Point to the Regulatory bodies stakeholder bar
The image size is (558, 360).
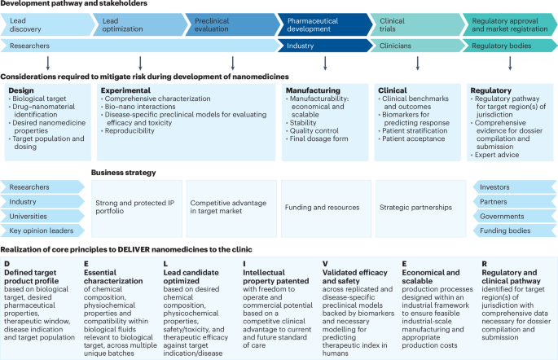[505, 46]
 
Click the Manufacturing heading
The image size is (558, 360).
[313, 90]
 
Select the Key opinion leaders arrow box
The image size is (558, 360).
[41, 231]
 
